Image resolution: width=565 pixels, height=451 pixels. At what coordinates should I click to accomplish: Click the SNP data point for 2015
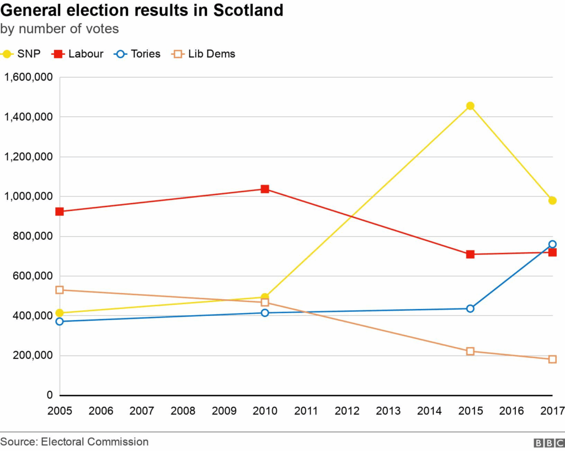tap(470, 106)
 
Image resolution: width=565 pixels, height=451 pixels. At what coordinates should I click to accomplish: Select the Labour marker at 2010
tap(265, 189)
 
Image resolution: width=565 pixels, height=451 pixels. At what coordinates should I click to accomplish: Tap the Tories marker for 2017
tap(552, 244)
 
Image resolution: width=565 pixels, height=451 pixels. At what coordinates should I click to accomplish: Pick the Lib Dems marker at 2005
tap(60, 290)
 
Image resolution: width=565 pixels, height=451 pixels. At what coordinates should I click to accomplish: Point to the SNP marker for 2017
tap(552, 200)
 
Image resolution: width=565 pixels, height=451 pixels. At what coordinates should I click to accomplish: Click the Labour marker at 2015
tap(470, 254)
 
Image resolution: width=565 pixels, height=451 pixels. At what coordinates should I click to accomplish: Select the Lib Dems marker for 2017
tap(552, 359)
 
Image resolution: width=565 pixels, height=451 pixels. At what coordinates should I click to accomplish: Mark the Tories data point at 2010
tap(265, 313)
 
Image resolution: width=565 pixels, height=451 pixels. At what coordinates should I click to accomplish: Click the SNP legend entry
tap(22, 54)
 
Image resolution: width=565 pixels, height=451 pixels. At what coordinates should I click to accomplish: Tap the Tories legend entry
tap(138, 54)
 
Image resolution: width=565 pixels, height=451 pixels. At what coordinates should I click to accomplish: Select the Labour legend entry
tap(78, 54)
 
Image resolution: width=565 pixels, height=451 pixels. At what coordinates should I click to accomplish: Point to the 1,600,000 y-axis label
tap(28, 77)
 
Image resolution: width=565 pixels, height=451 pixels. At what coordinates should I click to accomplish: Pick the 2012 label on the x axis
tap(347, 411)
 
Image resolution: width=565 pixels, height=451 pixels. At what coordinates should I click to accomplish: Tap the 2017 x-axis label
tap(552, 411)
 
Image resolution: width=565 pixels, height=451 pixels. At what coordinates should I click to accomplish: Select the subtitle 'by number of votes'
tap(60, 29)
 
